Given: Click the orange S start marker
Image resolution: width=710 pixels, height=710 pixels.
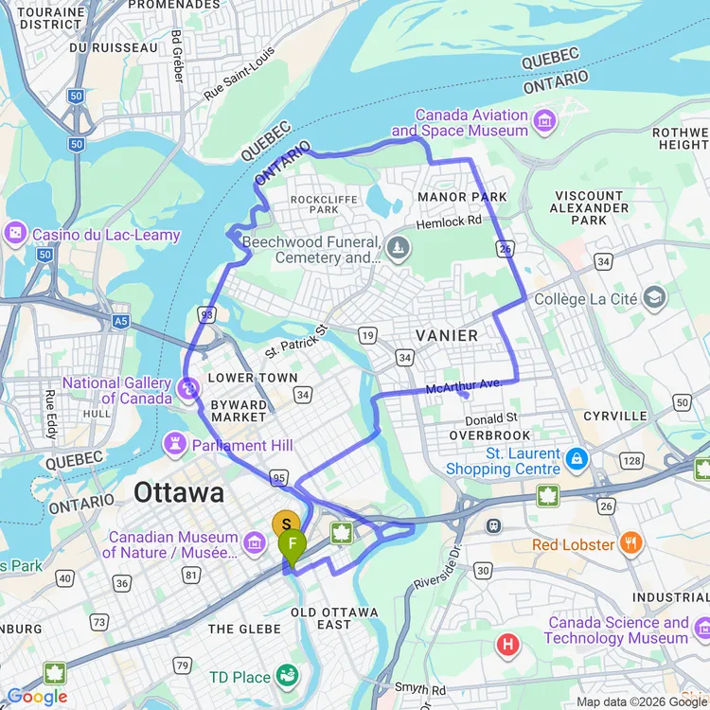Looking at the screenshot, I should pos(286,524).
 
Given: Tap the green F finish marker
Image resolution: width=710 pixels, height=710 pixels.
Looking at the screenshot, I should pos(293,544).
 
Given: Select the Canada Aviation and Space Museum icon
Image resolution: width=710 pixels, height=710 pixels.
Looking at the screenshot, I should pos(543,120).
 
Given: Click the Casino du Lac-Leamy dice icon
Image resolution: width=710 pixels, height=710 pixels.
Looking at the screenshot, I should pos(15,233).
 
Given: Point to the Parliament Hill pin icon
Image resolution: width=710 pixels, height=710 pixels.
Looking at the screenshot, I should pos(175,444).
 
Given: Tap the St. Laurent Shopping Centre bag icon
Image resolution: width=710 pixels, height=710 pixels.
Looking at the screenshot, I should pos(576,461).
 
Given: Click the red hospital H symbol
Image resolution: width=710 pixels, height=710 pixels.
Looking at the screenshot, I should pos(509,647).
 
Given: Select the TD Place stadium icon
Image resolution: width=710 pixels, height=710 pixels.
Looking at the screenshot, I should pos(287,675).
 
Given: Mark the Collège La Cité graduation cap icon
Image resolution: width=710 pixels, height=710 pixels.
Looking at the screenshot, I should pos(653,298).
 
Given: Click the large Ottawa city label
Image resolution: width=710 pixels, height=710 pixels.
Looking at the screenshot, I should pos(179,492).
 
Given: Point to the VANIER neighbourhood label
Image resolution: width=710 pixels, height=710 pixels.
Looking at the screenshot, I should pos(447,335).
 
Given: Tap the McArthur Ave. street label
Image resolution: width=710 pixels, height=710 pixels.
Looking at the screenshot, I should pos(463,386).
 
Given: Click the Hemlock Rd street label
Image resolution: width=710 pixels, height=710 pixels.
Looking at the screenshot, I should pos(449,222).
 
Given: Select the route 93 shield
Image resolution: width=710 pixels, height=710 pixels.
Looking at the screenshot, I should pos(207,314).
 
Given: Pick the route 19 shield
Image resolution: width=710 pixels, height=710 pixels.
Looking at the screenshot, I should pos(367,334).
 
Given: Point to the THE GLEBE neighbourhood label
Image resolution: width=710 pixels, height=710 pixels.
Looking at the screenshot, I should pos(244,629).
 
